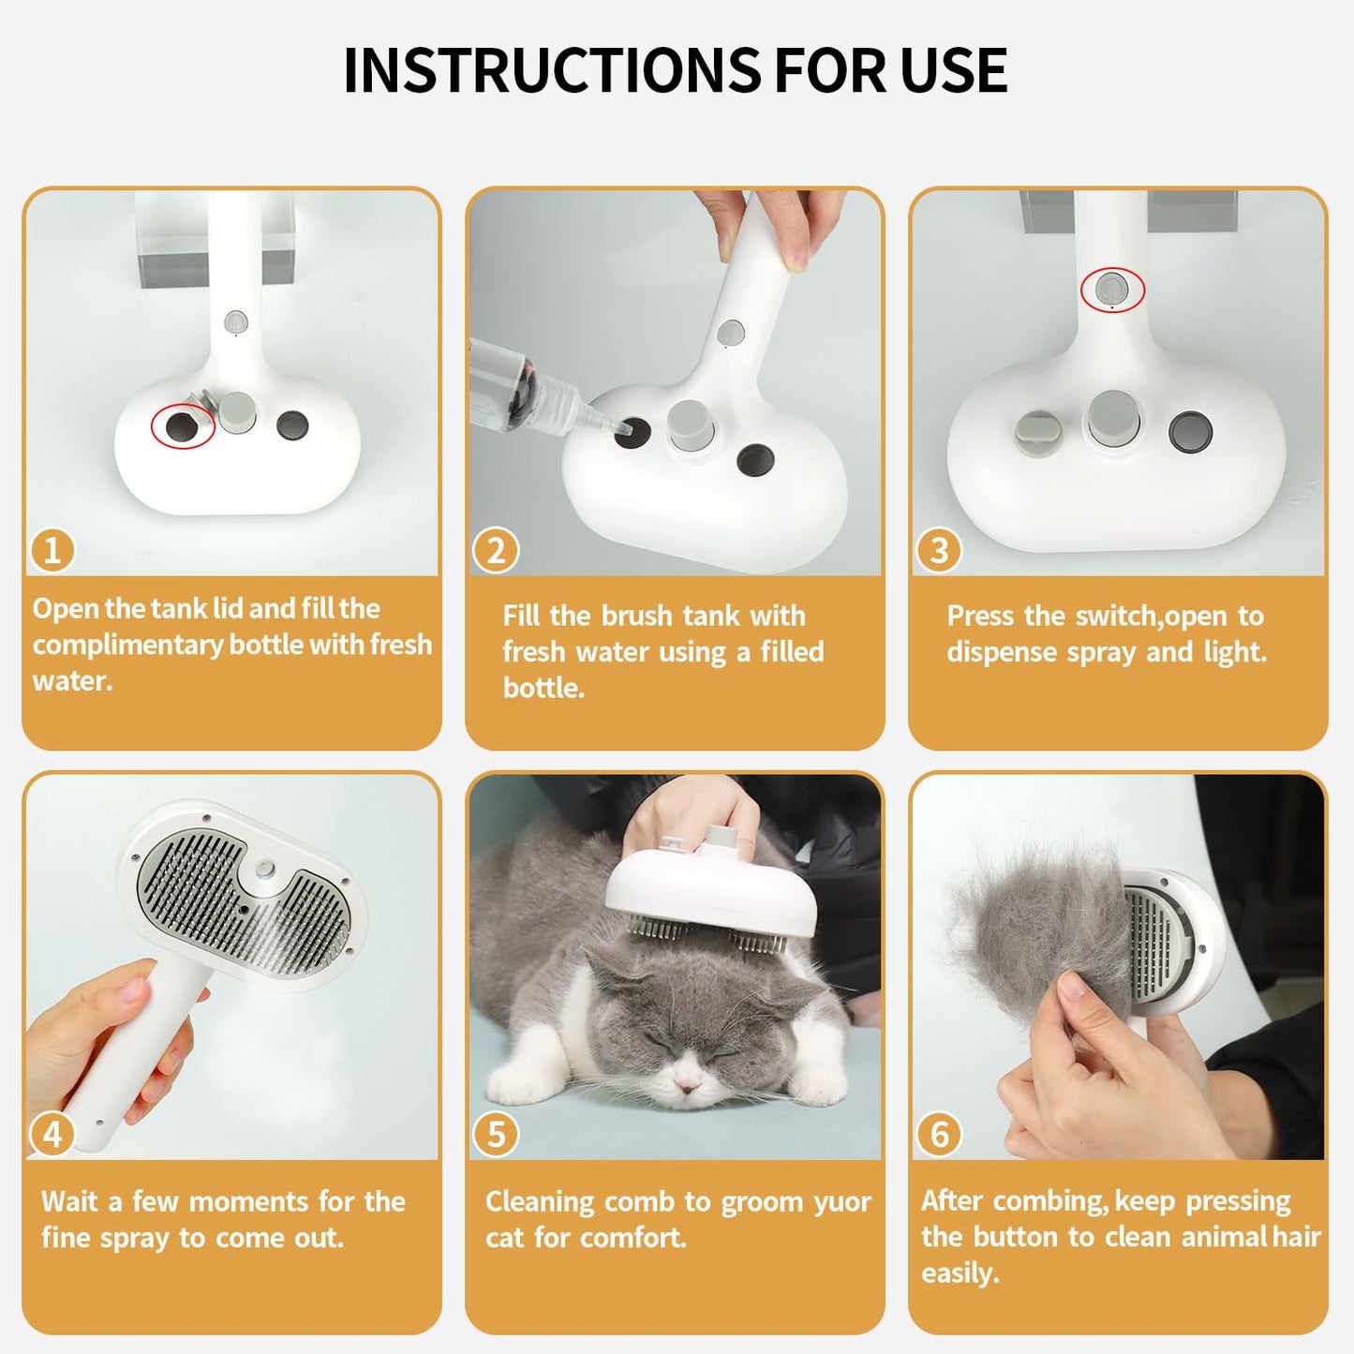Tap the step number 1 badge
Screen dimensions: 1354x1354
pyautogui.click(x=52, y=550)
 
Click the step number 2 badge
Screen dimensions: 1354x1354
pyautogui.click(x=496, y=550)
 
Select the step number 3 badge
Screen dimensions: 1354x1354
pyautogui.click(x=939, y=550)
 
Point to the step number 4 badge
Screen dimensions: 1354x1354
pyautogui.click(x=52, y=1135)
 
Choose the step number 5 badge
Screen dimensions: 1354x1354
pyautogui.click(x=496, y=1135)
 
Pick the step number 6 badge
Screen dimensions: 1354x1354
pyautogui.click(x=939, y=1135)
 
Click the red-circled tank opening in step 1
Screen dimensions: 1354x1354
pyautogui.click(x=182, y=426)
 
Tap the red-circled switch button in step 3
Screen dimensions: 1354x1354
pyautogui.click(x=1112, y=288)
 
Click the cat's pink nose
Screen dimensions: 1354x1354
pyautogui.click(x=688, y=1084)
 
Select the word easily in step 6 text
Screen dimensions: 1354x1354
pyautogui.click(x=960, y=1272)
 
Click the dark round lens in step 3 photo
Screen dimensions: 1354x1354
pyautogui.click(x=1190, y=432)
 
